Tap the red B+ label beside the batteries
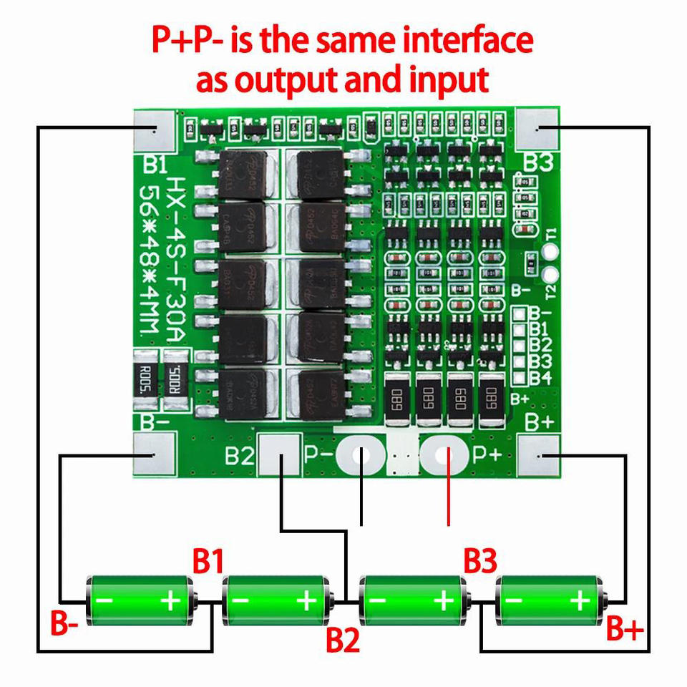pos(625,629)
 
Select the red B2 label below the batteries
pos(342,640)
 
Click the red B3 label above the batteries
pos(480,561)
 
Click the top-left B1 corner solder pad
pos(155,130)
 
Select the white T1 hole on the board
pos(550,252)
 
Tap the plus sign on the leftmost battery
pos(171,600)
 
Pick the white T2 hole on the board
pos(550,276)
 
